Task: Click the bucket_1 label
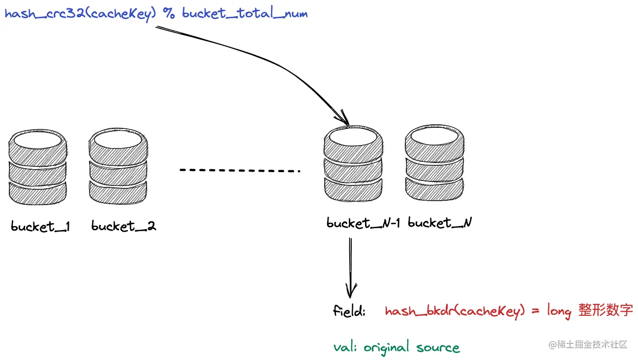(40, 227)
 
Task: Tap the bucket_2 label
(123, 227)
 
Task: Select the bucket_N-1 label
(364, 223)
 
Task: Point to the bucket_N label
(440, 223)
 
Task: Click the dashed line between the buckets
(240, 171)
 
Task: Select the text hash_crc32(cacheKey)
(81, 13)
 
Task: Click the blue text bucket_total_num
(244, 13)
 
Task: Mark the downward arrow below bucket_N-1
(351, 268)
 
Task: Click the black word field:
(349, 311)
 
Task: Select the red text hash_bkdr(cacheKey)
(452, 312)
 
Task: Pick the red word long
(559, 312)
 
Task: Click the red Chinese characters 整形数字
(606, 311)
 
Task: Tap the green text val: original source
(396, 348)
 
